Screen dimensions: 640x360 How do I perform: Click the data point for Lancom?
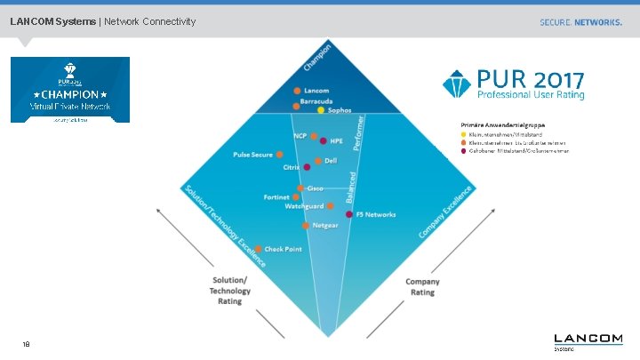click(x=298, y=92)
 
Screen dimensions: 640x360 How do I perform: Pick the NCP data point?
click(x=313, y=137)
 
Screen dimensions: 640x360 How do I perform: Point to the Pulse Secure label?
click(x=253, y=155)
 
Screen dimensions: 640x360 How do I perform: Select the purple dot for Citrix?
click(x=307, y=167)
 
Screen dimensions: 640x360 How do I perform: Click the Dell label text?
click(x=331, y=161)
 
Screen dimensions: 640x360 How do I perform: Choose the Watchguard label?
click(x=304, y=206)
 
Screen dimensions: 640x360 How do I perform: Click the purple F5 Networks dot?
click(x=348, y=214)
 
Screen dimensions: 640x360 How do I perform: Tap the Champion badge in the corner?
click(x=69, y=90)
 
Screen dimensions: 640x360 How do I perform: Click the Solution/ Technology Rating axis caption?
click(x=229, y=291)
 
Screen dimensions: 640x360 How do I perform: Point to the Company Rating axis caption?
click(x=422, y=287)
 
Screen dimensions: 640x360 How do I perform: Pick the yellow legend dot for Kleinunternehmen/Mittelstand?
click(x=462, y=135)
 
